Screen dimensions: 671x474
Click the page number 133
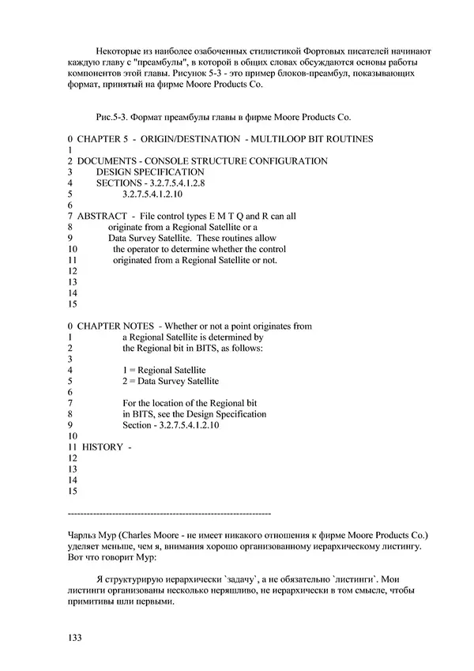coord(76,635)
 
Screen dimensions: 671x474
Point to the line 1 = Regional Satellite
coord(164,369)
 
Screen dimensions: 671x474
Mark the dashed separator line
coord(170,512)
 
